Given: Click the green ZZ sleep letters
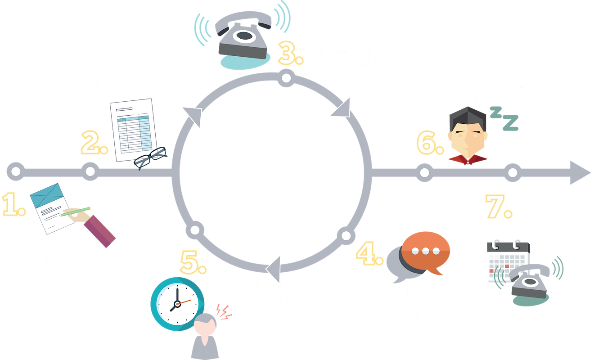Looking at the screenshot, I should [504, 118].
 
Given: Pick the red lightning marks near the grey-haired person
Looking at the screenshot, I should [223, 312].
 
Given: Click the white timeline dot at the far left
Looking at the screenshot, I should [16, 171].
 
